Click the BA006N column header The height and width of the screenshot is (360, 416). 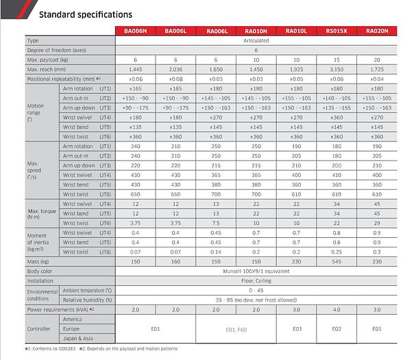[x=137, y=31]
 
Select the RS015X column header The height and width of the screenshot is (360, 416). [x=337, y=31]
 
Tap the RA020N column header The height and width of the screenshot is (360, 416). [x=377, y=31]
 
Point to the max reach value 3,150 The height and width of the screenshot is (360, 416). [x=337, y=69]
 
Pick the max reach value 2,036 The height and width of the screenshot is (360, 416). [x=177, y=69]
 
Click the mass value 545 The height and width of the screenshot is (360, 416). [x=337, y=261]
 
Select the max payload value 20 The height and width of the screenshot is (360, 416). [x=377, y=60]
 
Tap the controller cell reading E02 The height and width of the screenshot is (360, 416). [x=337, y=328]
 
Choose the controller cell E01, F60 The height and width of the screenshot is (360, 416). [x=236, y=328]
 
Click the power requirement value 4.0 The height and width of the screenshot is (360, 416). [x=337, y=309]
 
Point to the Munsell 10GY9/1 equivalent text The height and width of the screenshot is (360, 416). [x=256, y=271]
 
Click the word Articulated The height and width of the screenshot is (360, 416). [x=256, y=40]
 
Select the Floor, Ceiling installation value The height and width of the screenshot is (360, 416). [x=256, y=280]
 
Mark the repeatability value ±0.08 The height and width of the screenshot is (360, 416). [x=177, y=79]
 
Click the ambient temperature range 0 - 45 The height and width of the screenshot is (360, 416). [x=256, y=290]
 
